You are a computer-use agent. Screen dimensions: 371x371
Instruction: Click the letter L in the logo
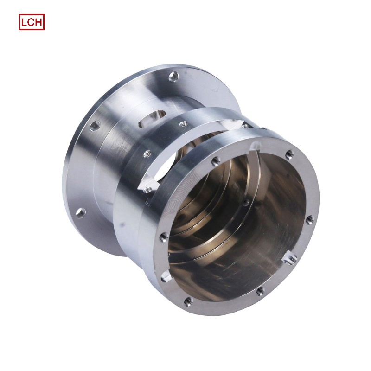pos(24,22)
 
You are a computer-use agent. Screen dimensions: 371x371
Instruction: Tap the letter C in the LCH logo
pos(31,22)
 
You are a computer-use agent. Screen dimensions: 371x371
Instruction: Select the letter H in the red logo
pos(38,22)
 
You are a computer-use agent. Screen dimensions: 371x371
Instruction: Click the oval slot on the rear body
pos(151,117)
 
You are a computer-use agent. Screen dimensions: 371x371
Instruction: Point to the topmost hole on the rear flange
pos(173,74)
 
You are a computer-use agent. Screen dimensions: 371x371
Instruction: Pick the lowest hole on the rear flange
pos(80,213)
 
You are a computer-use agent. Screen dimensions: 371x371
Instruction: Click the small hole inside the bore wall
pos(246,202)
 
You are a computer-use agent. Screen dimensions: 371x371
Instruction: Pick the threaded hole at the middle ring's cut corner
pos(148,188)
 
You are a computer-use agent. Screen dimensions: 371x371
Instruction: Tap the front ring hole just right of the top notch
pos(290,154)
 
